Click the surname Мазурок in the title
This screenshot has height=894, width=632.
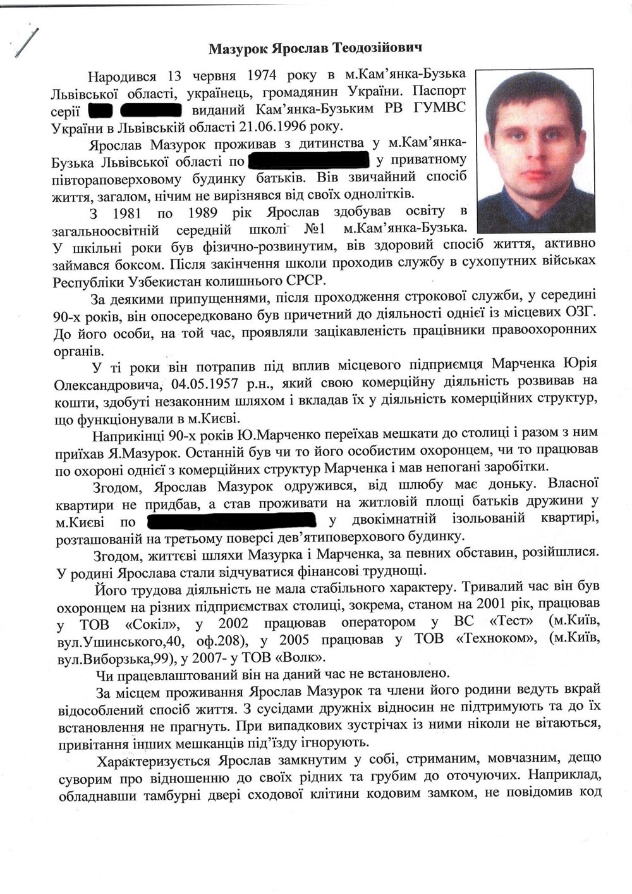point(238,48)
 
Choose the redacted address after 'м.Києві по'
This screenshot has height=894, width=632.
point(231,521)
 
